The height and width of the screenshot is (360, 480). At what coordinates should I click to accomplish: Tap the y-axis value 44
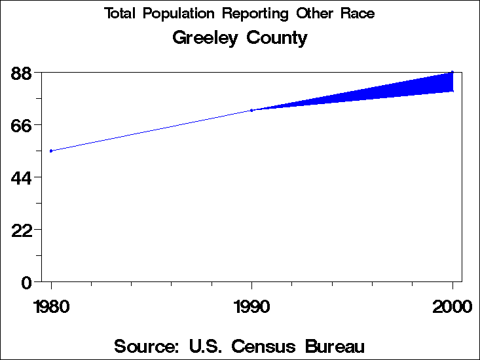pyautogui.click(x=22, y=177)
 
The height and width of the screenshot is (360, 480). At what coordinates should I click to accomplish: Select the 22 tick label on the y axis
pyautogui.click(x=22, y=230)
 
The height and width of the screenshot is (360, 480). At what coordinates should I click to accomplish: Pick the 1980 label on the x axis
pyautogui.click(x=51, y=306)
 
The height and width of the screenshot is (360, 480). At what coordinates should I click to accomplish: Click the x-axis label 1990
pyautogui.click(x=251, y=306)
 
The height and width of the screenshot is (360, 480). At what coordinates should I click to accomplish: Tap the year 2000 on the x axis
pyautogui.click(x=452, y=306)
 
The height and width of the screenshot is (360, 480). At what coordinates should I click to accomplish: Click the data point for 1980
pyautogui.click(x=51, y=151)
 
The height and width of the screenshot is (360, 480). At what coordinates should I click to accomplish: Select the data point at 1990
pyautogui.click(x=251, y=110)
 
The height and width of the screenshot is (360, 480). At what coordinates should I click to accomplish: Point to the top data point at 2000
pyautogui.click(x=452, y=72)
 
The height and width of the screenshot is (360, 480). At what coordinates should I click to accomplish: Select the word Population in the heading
pyautogui.click(x=182, y=14)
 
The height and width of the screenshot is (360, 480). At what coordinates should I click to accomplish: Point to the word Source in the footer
pyautogui.click(x=147, y=346)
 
